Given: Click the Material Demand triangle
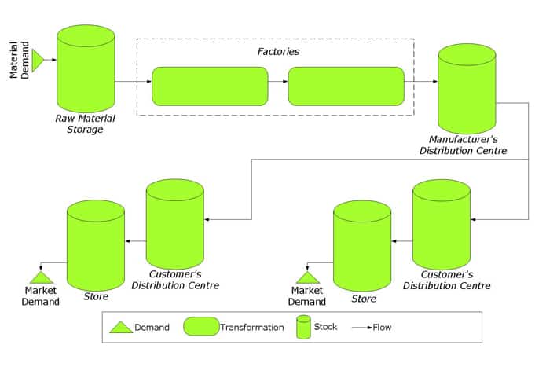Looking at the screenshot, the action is pos(38,61).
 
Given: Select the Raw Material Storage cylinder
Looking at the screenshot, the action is pos(86,68).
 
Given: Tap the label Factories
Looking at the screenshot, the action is pos(278,52).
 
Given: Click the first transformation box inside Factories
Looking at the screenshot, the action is pos(210,86).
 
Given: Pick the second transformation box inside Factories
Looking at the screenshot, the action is pos(346,86).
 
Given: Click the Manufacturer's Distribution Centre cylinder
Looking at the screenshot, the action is pos(467,89).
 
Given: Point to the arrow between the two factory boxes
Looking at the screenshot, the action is pos(278,82).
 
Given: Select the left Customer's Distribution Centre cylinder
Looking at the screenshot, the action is pos(175,224).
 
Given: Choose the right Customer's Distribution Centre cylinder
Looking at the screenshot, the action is pos(442,225).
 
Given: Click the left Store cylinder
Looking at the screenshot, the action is pos(96,245).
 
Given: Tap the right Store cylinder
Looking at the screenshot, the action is pos(362,246).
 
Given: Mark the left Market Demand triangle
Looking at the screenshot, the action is pos(42,277).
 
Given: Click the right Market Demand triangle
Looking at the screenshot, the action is pos(308,277).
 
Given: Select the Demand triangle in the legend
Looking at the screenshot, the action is pos(121,327).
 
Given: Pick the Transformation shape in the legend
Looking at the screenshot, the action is pos(201,327).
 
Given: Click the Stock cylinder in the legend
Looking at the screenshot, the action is pos(303,327).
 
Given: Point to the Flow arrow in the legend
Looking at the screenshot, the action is pos(362,328).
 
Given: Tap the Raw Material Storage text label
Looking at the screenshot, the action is pos(85,124).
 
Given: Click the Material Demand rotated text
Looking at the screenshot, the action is pos(19,60).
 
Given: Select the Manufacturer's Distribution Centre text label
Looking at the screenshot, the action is pos(464,145).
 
